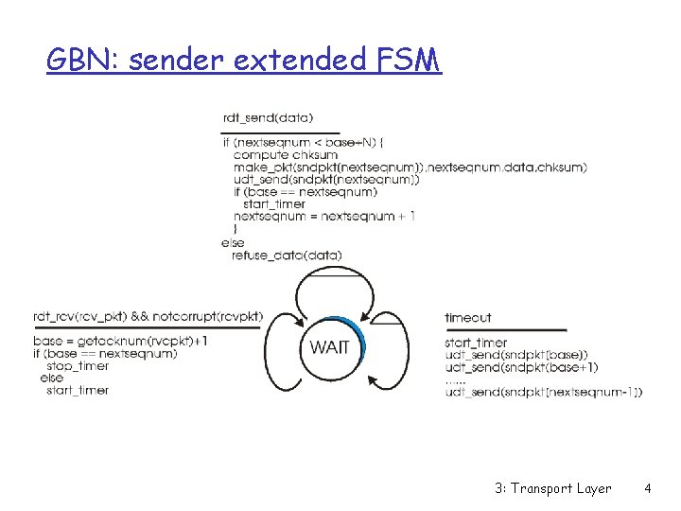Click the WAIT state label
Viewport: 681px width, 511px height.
click(329, 347)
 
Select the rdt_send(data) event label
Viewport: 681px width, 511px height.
click(268, 117)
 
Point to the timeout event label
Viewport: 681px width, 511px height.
click(467, 318)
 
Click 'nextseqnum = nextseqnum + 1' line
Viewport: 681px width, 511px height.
click(324, 217)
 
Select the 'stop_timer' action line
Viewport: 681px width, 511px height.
click(77, 366)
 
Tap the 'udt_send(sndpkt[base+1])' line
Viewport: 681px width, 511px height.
click(521, 367)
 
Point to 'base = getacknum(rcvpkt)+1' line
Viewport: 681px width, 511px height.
click(120, 342)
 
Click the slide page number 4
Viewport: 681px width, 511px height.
click(647, 489)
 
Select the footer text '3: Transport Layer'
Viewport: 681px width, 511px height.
click(553, 489)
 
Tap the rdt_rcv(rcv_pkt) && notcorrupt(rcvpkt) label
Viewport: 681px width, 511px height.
click(148, 317)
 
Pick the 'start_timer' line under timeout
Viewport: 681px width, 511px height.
click(476, 343)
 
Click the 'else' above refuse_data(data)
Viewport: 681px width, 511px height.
click(233, 242)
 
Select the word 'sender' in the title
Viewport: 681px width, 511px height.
click(173, 62)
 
